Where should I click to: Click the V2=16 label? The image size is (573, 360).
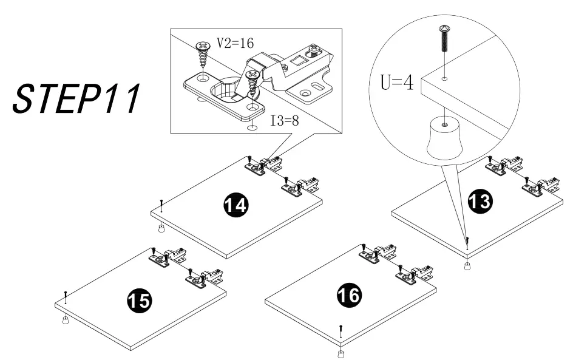[x=236, y=44]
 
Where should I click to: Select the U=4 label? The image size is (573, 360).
[x=397, y=83]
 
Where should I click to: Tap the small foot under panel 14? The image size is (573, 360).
[x=161, y=229]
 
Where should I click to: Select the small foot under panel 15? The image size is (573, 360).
[x=65, y=320]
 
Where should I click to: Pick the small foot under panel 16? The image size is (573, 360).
[x=341, y=353]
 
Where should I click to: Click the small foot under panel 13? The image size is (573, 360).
[x=467, y=267]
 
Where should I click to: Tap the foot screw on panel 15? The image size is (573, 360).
[x=65, y=297]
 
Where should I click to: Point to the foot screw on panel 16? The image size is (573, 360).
[x=341, y=331]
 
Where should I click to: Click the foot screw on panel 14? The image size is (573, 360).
[x=161, y=204]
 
